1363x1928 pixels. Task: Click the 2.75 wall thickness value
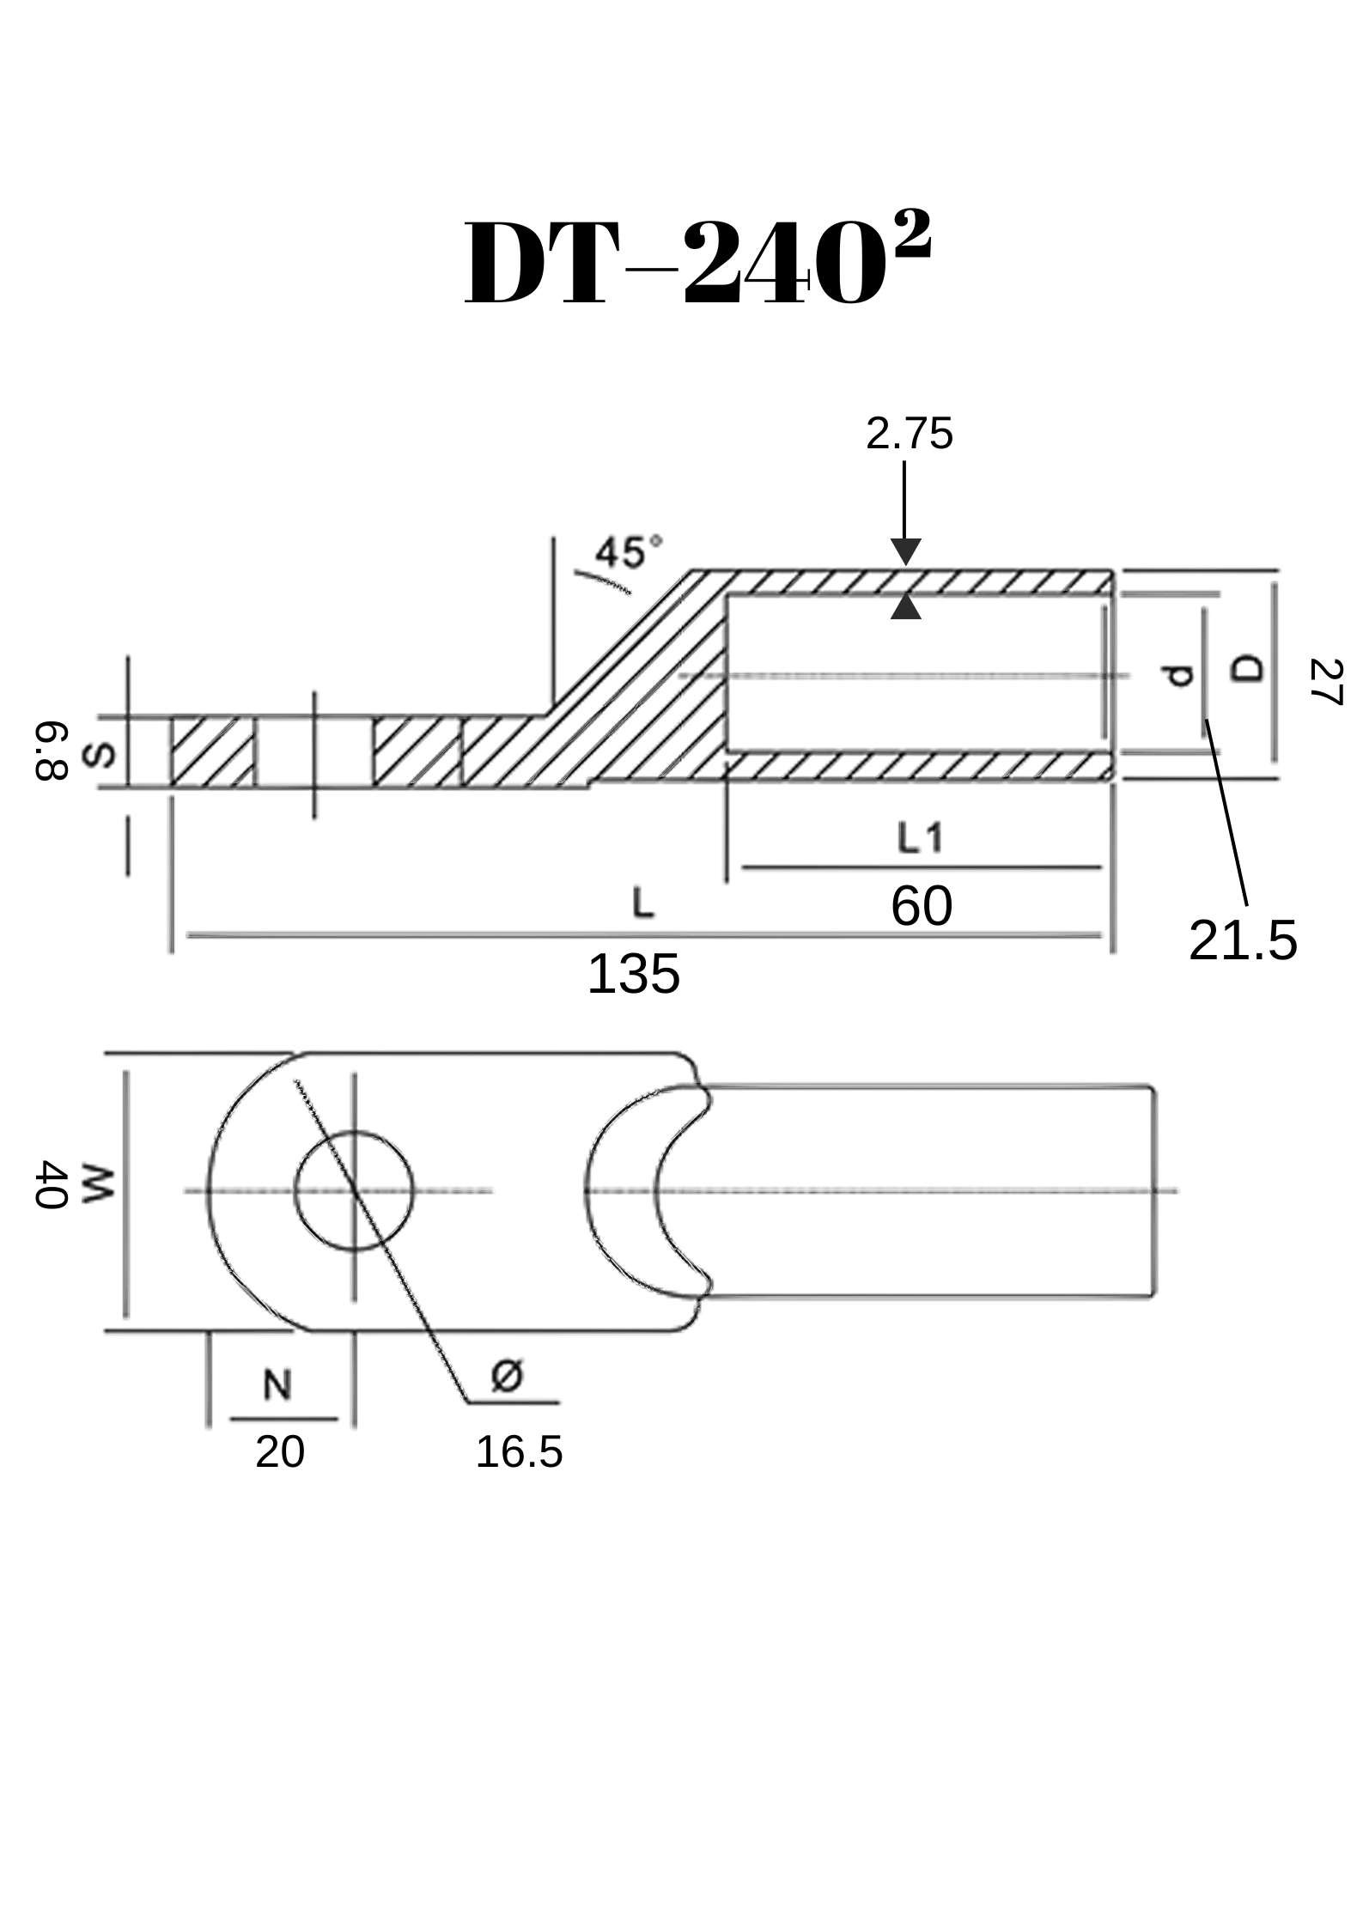910,434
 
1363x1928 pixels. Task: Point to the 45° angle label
630,552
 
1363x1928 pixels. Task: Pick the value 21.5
1243,940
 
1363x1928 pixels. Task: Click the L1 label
921,837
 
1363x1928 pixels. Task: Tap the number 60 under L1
922,906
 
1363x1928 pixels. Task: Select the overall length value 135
634,975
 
